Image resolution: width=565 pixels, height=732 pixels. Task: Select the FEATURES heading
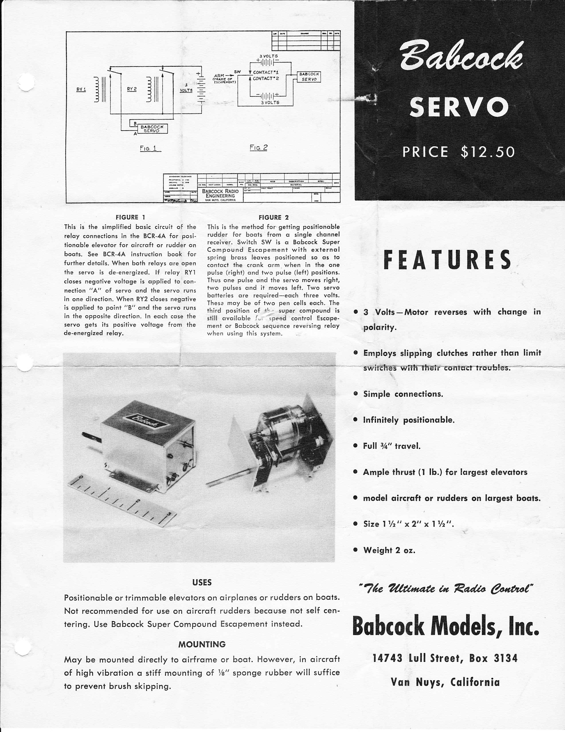point(448,260)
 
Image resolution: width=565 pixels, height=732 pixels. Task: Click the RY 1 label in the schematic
point(81,89)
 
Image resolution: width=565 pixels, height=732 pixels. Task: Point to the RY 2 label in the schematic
point(132,89)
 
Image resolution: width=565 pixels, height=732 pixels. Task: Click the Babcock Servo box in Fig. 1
point(152,129)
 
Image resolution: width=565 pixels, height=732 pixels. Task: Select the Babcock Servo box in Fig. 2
point(309,77)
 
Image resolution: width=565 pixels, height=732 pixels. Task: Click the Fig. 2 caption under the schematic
point(258,148)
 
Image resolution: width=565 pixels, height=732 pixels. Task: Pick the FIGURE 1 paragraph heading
point(130,217)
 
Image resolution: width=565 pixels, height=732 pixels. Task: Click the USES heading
point(202,582)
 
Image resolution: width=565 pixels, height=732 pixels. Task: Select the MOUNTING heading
point(202,644)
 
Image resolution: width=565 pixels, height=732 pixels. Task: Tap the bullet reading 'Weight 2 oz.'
point(389,550)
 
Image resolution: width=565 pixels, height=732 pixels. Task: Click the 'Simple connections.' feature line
point(403,394)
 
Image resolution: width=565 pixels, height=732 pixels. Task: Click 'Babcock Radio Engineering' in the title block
point(220,193)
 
